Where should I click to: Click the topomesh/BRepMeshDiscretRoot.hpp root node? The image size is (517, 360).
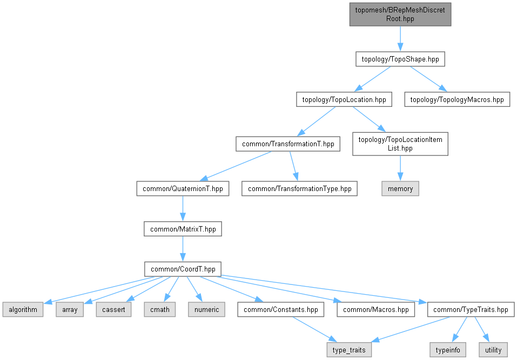click(x=400, y=13)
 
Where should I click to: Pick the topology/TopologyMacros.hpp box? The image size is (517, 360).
click(x=457, y=99)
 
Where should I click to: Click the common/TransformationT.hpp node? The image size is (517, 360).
click(x=287, y=144)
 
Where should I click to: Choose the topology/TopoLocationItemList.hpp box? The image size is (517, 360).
click(x=400, y=144)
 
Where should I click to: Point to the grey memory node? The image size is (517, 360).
click(x=400, y=188)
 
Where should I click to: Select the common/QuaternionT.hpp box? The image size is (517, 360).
click(x=183, y=189)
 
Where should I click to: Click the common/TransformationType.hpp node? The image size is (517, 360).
click(x=299, y=189)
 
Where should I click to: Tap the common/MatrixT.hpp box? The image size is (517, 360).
click(x=183, y=229)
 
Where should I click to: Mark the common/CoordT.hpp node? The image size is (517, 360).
click(x=183, y=269)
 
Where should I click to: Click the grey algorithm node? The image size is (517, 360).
click(x=23, y=309)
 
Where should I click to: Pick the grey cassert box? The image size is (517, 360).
click(x=113, y=309)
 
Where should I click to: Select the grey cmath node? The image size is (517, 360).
click(x=160, y=309)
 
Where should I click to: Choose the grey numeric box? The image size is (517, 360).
click(x=206, y=309)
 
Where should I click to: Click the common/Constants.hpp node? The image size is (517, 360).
click(x=281, y=309)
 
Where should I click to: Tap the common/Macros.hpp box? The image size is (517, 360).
click(x=375, y=309)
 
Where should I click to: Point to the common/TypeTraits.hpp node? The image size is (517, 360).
click(x=470, y=309)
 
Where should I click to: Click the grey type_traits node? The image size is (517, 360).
click(x=349, y=350)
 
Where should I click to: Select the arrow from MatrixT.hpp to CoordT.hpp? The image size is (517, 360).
click(x=183, y=249)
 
